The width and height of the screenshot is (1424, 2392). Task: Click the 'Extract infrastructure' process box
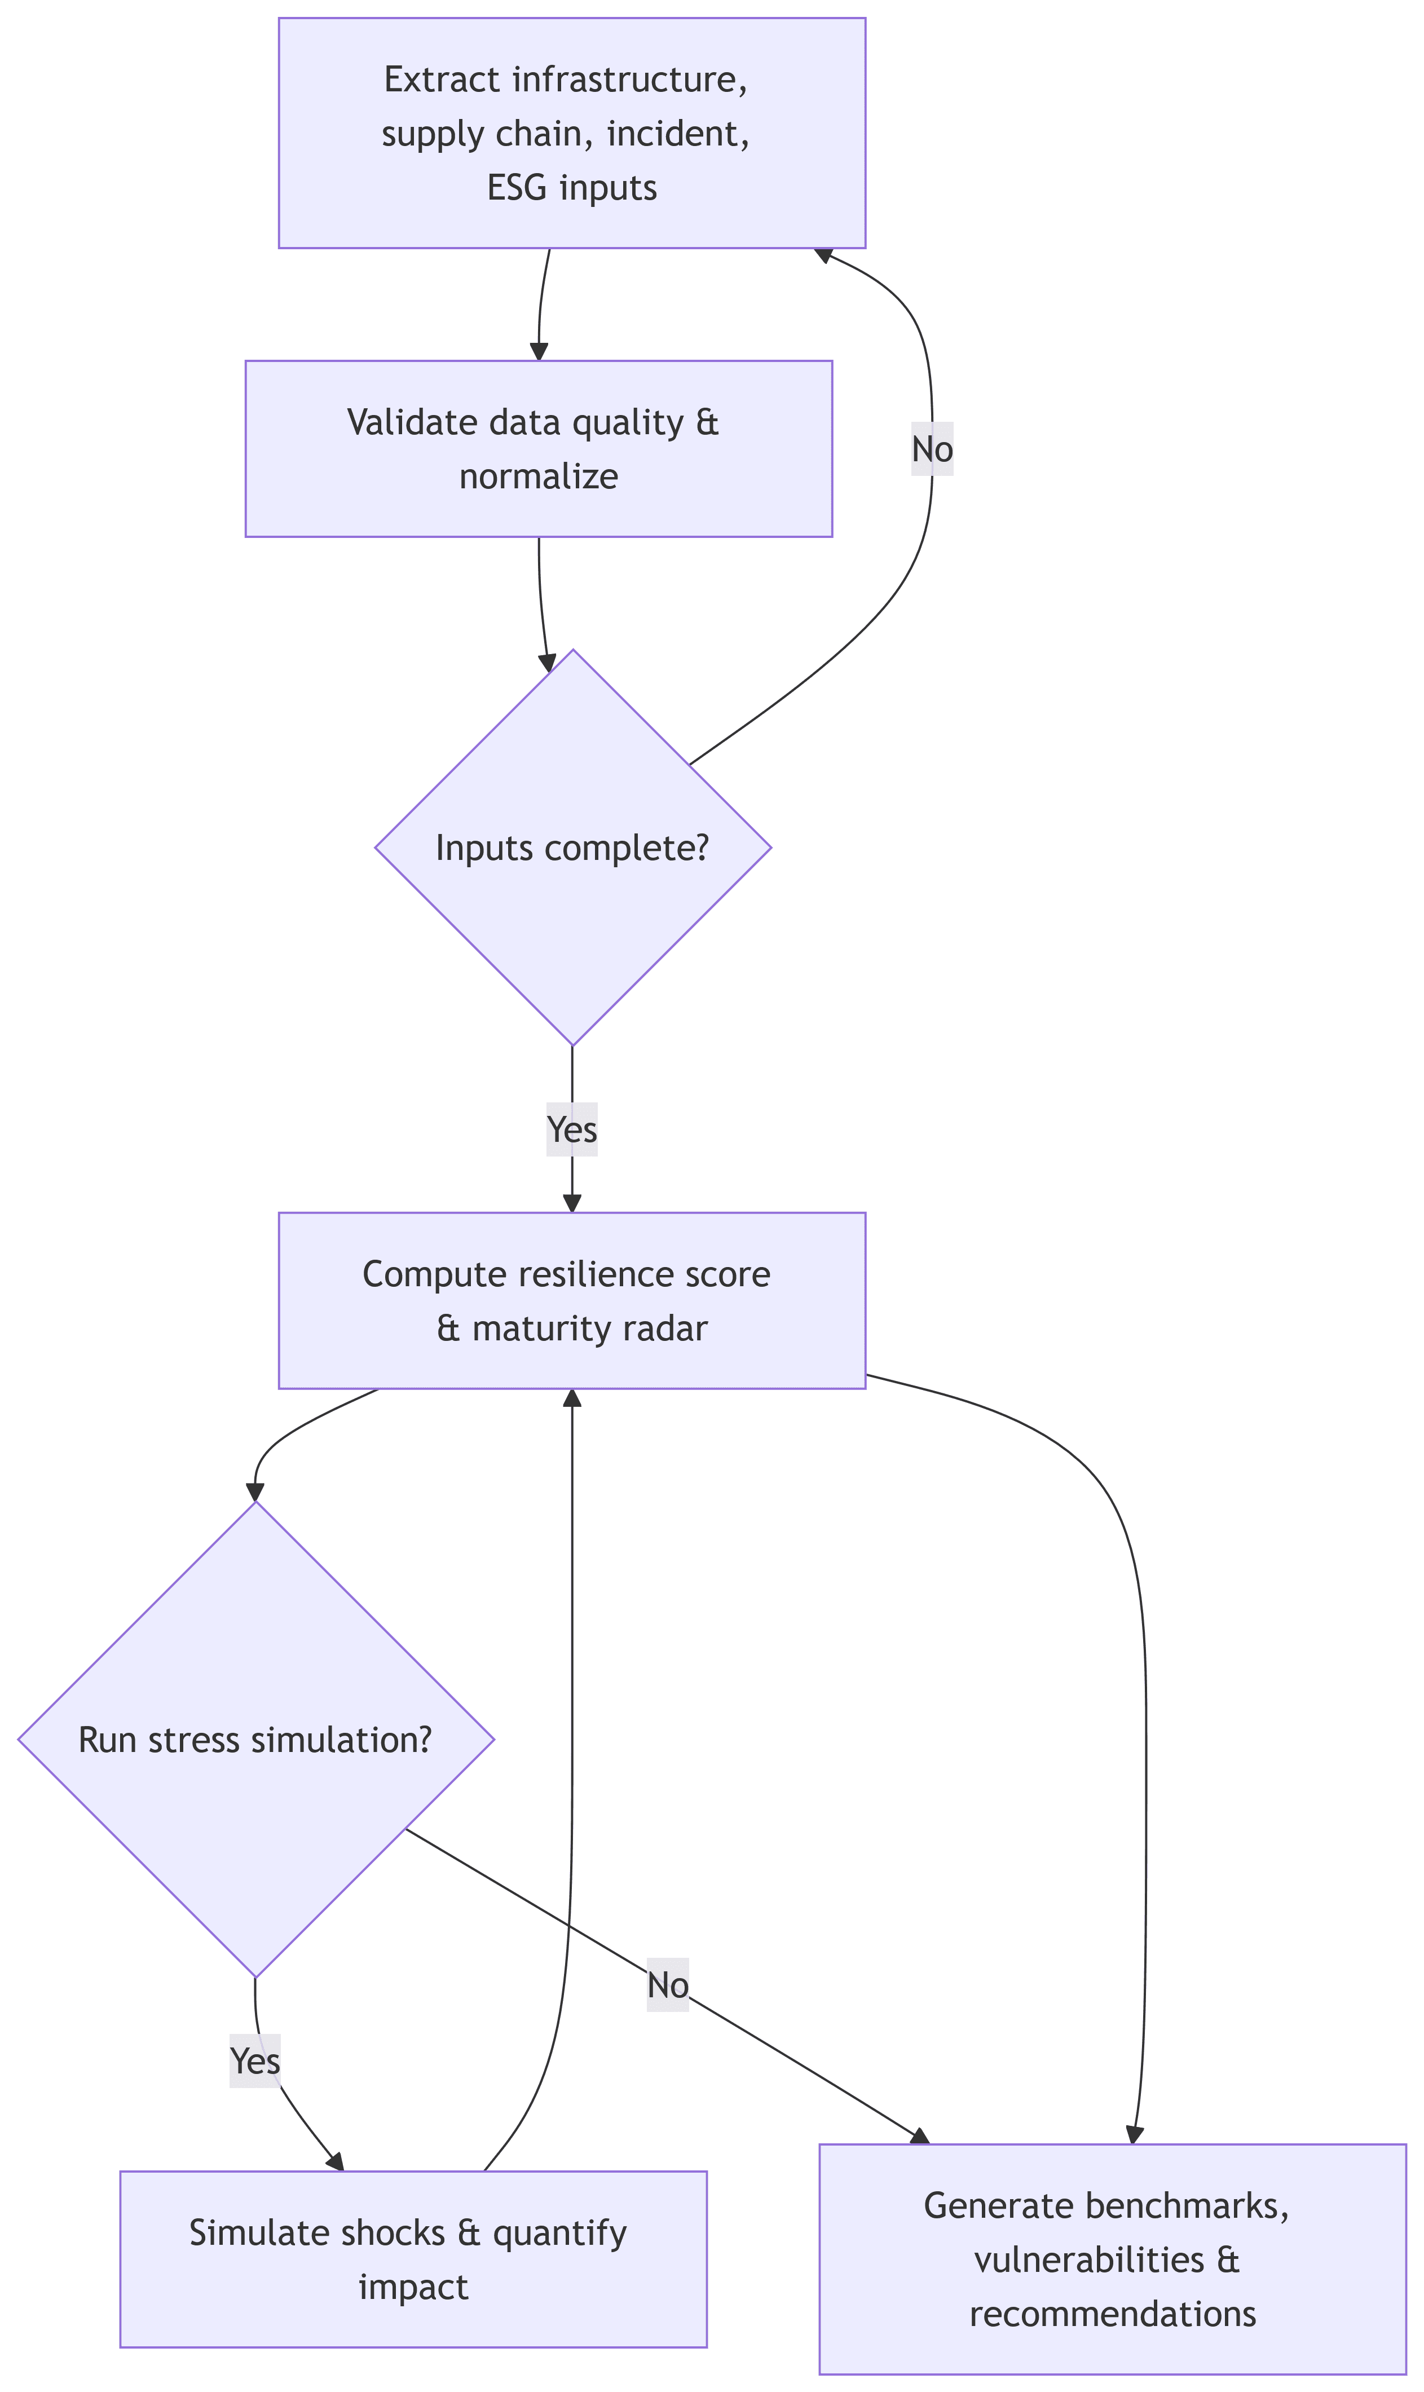pos(572,133)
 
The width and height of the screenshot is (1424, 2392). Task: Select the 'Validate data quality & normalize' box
pos(539,448)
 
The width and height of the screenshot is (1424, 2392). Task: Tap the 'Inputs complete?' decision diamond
pos(573,847)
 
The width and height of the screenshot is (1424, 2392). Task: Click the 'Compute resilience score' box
pos(572,1300)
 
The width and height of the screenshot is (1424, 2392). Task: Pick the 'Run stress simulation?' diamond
pos(255,1740)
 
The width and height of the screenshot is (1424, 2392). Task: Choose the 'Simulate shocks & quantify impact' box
pos(413,2259)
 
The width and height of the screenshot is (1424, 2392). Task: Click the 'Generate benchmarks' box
pos(1112,2259)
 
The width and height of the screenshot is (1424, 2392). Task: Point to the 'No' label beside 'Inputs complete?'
pos(932,449)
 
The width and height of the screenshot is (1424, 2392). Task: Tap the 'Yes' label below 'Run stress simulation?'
pos(255,2061)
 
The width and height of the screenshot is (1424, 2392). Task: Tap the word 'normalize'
pos(539,476)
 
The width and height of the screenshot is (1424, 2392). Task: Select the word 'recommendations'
pos(1112,2314)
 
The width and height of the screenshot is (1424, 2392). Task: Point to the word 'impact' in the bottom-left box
pos(413,2288)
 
